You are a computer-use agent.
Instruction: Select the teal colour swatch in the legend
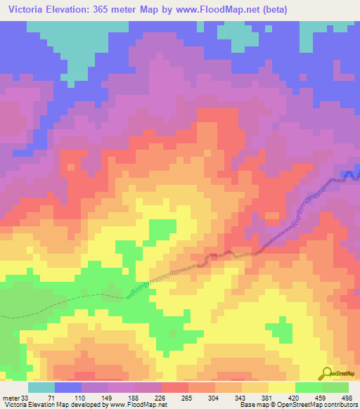pos(41,387)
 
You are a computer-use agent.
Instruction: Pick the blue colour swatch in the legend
pos(68,387)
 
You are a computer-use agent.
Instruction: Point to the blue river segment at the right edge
pos(349,176)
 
